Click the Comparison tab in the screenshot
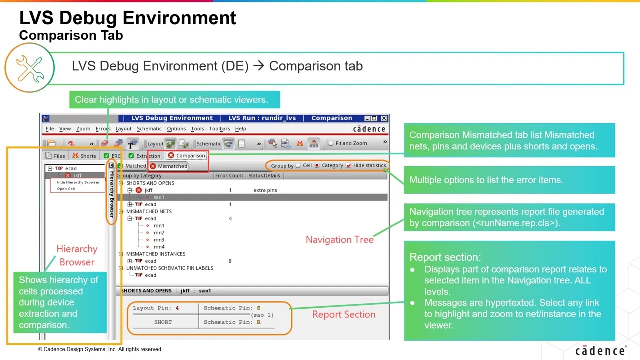186,156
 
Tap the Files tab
55,156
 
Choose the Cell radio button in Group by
298,166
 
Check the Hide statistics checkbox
349,166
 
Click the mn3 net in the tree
159,240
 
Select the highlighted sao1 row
159,197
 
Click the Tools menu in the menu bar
197,129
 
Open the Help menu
240,129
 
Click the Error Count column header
229,176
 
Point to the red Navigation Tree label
339,240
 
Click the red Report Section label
343,314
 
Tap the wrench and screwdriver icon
29,68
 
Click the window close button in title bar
384,118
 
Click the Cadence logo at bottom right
600,351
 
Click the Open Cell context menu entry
66,189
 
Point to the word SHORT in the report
163,322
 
